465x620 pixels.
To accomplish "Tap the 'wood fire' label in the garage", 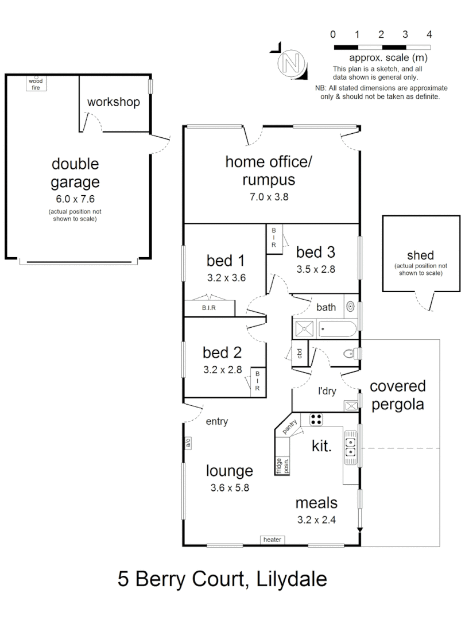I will click(x=36, y=84).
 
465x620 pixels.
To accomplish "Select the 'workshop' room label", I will click(x=114, y=103).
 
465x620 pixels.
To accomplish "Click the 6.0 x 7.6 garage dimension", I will click(x=75, y=199).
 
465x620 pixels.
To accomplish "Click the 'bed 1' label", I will click(x=226, y=261).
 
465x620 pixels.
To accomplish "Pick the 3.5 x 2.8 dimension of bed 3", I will click(x=316, y=268).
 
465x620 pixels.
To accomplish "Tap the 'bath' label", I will click(x=326, y=308).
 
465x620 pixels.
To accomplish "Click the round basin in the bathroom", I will click(x=350, y=307).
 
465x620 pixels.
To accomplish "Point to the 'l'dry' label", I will click(x=327, y=392).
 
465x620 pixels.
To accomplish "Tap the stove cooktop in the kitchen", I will click(x=317, y=418).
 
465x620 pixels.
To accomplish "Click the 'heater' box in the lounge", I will click(x=272, y=540).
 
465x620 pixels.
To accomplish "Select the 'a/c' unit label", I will click(x=188, y=443).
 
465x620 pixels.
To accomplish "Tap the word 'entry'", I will click(x=217, y=421).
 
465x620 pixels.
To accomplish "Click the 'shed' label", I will click(x=420, y=255).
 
